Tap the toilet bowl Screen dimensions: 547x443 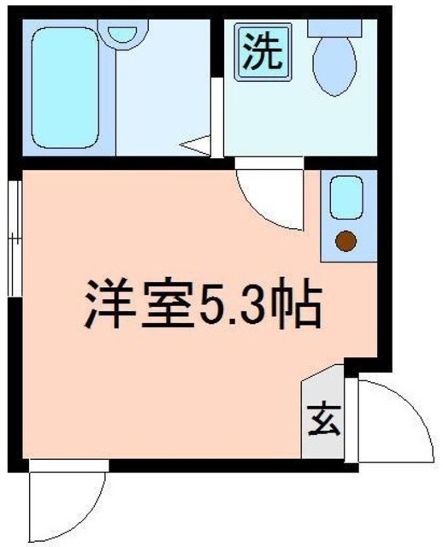(334, 68)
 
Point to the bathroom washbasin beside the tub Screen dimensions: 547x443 (125, 34)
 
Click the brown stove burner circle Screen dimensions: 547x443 (346, 243)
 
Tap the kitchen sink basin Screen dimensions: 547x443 (346, 198)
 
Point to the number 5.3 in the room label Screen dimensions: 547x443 (239, 306)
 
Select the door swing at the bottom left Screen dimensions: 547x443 (64, 504)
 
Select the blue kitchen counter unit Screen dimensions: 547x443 (346, 218)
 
